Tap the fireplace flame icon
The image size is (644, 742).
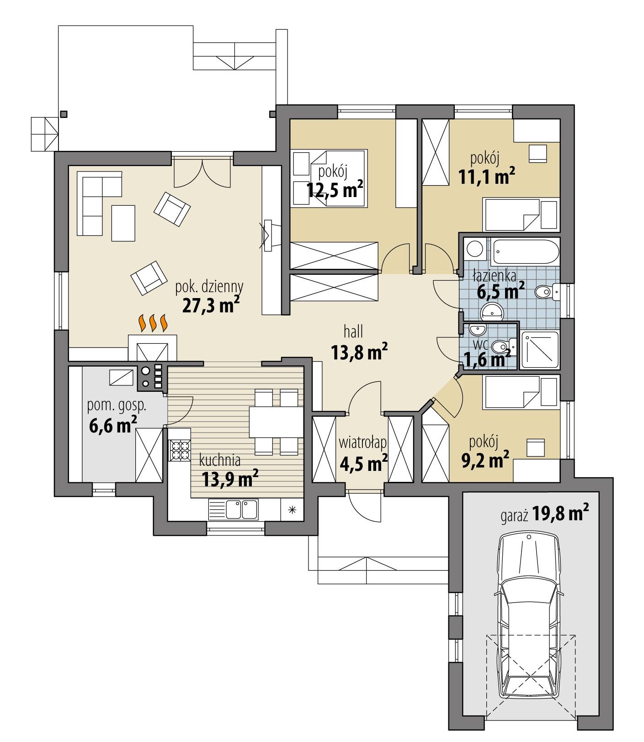[152, 323]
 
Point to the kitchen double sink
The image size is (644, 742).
[233, 509]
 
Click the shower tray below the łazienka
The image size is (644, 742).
[540, 350]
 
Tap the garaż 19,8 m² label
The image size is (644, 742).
[543, 515]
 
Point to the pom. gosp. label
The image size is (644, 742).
[117, 405]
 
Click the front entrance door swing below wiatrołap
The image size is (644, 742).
[363, 506]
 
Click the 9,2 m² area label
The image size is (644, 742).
[485, 462]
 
